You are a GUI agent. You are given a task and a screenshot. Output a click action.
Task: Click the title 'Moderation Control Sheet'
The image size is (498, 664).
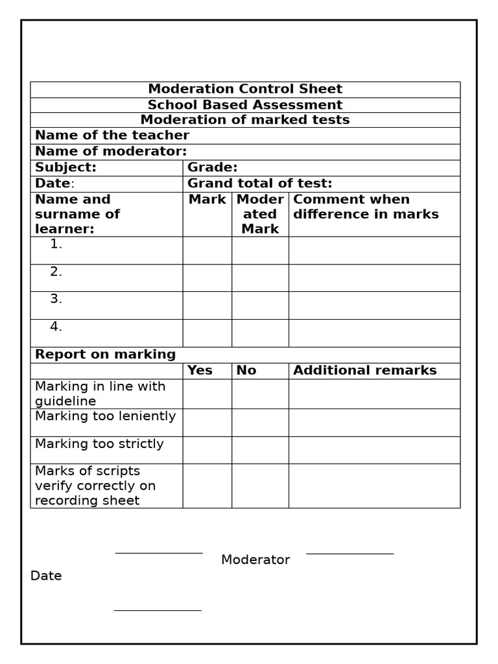tap(245, 89)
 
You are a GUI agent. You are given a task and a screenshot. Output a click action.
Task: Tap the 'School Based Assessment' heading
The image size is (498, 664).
tap(245, 104)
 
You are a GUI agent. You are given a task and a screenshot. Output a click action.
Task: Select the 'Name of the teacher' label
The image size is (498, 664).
tap(112, 135)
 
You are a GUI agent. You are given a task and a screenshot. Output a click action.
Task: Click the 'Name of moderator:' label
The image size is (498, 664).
tap(111, 151)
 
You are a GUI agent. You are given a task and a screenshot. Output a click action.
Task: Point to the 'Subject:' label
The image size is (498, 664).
tap(65, 167)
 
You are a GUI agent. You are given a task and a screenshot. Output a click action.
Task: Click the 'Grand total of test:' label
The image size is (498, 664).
tap(259, 184)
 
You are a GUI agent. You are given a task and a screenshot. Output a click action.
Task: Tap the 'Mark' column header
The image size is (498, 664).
tap(207, 199)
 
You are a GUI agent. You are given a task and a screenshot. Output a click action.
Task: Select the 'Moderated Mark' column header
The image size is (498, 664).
tap(260, 214)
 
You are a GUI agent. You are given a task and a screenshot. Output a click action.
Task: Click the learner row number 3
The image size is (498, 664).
tap(56, 299)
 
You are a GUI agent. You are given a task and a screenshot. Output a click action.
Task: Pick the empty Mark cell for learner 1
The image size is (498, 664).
tap(207, 250)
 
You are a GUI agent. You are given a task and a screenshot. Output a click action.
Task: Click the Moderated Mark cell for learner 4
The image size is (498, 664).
tap(260, 333)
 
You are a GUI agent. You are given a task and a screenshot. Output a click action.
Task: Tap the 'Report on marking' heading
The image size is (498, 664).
tap(105, 354)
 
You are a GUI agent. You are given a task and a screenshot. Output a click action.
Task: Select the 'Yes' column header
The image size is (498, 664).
tap(200, 370)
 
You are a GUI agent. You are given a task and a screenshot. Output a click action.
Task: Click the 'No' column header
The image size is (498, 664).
tap(246, 370)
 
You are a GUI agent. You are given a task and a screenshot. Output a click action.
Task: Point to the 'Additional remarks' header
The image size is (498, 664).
tap(365, 370)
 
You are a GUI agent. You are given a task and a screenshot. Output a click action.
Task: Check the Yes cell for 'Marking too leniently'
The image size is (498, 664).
tap(207, 422)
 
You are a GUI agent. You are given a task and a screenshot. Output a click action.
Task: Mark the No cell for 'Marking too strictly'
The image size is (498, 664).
tap(260, 450)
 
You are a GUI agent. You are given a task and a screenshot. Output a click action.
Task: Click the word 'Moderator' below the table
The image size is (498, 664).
tap(255, 560)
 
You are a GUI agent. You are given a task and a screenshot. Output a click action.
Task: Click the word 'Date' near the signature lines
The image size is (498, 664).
tap(46, 576)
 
